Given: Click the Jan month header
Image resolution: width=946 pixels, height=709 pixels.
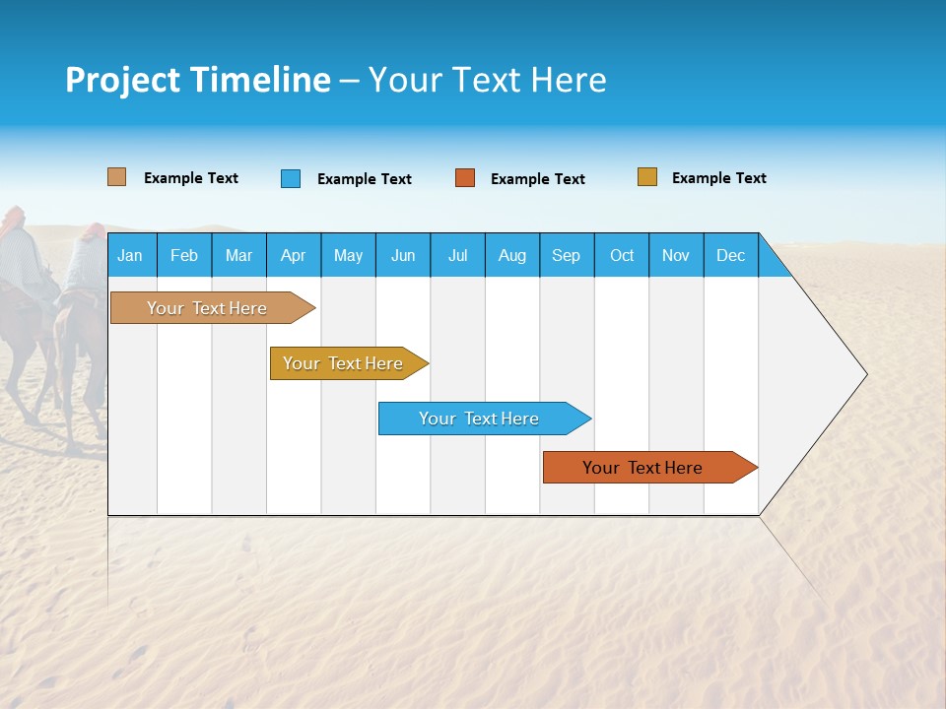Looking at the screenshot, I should pyautogui.click(x=131, y=255).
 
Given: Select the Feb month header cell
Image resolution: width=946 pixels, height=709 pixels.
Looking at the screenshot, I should pyautogui.click(x=184, y=255).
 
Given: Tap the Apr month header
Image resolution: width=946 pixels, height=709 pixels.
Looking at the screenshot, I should pyautogui.click(x=293, y=255).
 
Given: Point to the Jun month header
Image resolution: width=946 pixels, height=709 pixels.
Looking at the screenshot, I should pyautogui.click(x=403, y=255).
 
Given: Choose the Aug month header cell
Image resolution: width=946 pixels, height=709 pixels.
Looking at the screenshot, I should pyautogui.click(x=512, y=255).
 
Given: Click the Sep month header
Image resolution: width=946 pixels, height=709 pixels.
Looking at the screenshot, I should pyautogui.click(x=567, y=255).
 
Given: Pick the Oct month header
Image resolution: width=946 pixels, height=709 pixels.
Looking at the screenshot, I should pyautogui.click(x=622, y=255).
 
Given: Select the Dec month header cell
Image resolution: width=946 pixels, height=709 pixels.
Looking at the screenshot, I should pyautogui.click(x=731, y=255).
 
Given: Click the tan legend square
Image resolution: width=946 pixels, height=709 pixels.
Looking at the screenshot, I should pyautogui.click(x=116, y=177).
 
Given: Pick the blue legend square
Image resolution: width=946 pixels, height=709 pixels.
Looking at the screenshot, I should pyautogui.click(x=291, y=178).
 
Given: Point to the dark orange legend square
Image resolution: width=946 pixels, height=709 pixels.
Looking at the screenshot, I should pyautogui.click(x=465, y=178).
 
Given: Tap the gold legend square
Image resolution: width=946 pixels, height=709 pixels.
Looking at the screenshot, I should pyautogui.click(x=647, y=177).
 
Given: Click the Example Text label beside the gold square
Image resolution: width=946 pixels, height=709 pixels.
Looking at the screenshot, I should pyautogui.click(x=718, y=178).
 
